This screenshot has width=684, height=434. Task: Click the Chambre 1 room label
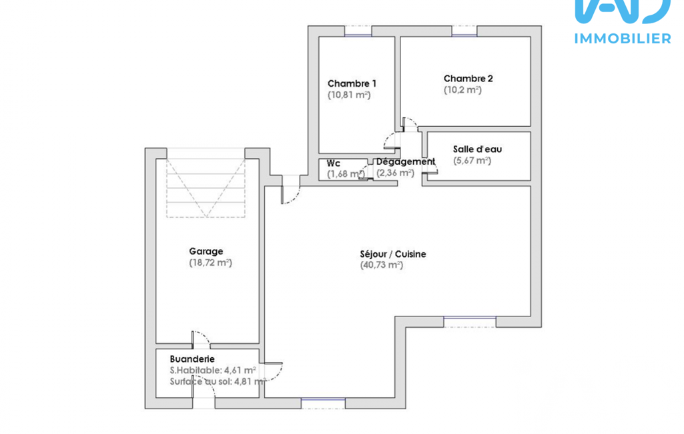(x=352, y=83)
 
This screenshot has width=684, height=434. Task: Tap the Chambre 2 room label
(x=468, y=79)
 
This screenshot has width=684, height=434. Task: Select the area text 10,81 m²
(x=349, y=95)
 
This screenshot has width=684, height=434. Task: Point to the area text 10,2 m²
(x=462, y=90)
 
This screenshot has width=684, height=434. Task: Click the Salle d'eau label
(x=477, y=150)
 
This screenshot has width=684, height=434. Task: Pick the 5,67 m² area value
(x=472, y=161)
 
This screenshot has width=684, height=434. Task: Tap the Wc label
(x=333, y=164)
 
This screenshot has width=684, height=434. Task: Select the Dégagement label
(x=406, y=162)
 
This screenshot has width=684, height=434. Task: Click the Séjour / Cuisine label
(x=393, y=254)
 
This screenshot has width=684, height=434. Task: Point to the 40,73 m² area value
(x=381, y=265)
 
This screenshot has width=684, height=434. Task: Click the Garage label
(x=206, y=252)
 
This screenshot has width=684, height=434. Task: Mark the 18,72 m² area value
(x=210, y=263)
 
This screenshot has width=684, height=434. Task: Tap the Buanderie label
(x=192, y=359)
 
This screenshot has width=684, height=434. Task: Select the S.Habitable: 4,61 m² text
(x=212, y=371)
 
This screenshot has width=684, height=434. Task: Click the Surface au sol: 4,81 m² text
(x=218, y=382)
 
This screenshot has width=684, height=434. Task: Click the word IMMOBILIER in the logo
(x=623, y=39)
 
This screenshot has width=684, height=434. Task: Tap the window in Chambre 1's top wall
(x=358, y=31)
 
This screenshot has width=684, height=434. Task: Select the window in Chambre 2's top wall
(x=464, y=31)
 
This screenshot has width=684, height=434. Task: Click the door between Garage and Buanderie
(x=201, y=340)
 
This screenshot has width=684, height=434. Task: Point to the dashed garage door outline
(x=206, y=188)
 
